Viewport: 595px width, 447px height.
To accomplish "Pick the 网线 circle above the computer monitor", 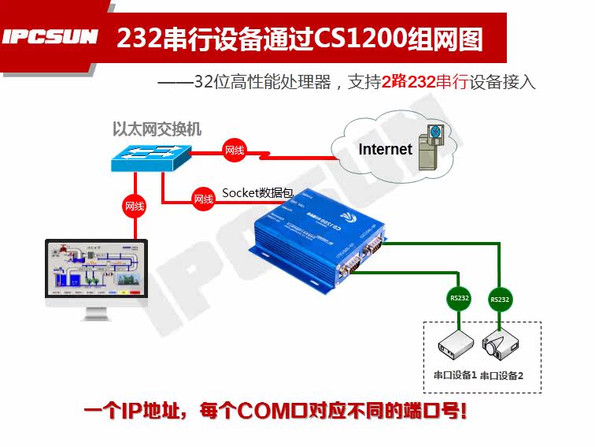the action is pyautogui.click(x=135, y=207).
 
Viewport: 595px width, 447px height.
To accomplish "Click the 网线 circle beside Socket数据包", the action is pyautogui.click(x=204, y=199).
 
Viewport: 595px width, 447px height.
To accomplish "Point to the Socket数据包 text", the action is pyautogui.click(x=257, y=192).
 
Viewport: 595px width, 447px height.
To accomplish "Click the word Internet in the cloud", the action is pyautogui.click(x=385, y=149).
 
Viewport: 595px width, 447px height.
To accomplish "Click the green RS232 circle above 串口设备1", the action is pyautogui.click(x=456, y=299).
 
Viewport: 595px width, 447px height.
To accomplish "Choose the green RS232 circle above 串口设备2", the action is pyautogui.click(x=499, y=300).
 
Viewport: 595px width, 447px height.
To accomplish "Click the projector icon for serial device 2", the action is pyautogui.click(x=502, y=345).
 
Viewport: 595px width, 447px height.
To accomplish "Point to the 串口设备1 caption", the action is pyautogui.click(x=456, y=374).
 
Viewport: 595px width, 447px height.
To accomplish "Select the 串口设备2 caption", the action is pyautogui.click(x=501, y=376).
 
